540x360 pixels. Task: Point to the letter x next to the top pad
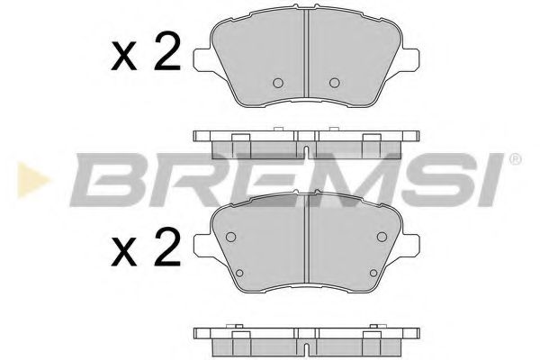click(123, 59)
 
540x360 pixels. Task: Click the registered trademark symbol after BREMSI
click(515, 160)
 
